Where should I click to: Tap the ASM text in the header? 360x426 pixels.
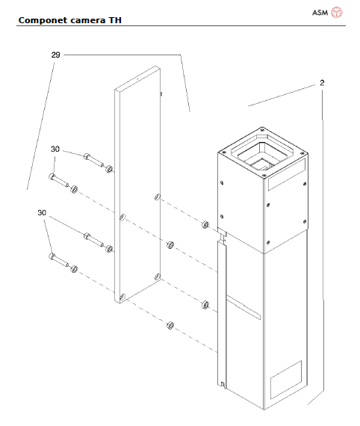tap(319, 12)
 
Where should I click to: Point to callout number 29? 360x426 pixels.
tap(56, 55)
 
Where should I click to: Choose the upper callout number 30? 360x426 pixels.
tap(55, 149)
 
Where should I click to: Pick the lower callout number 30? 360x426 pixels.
tap(43, 213)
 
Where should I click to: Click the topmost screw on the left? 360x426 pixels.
tap(90, 157)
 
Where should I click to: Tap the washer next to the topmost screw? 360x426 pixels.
tap(109, 168)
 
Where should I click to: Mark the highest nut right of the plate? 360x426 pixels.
tap(205, 223)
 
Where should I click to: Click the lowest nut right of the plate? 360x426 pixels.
tap(170, 325)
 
